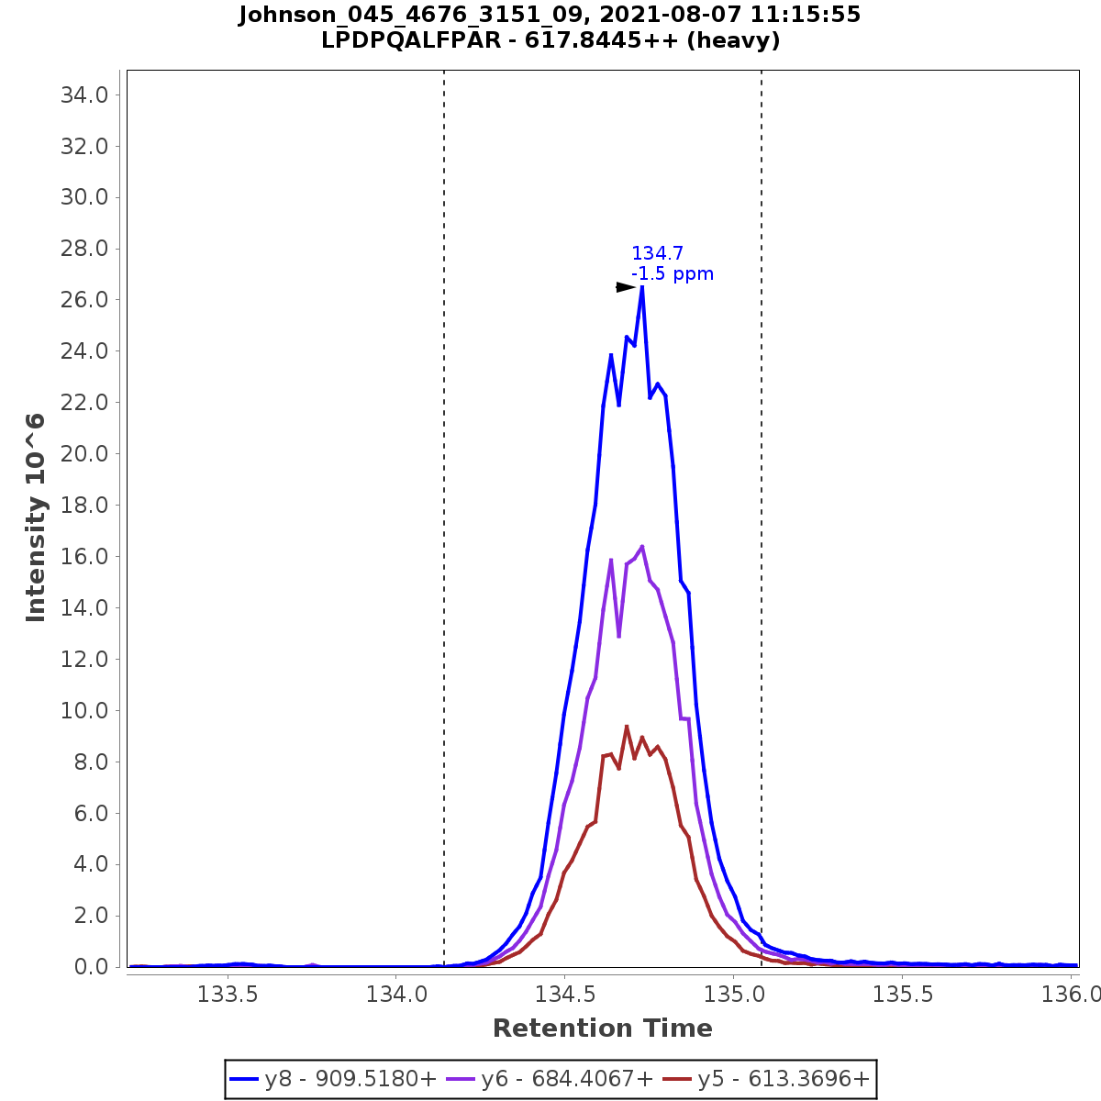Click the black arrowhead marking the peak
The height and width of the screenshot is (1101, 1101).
tap(626, 287)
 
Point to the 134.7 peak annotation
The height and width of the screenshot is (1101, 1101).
tap(657, 254)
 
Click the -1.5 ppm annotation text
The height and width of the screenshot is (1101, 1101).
tap(673, 274)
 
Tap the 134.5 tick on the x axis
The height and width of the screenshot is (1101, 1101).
tap(564, 994)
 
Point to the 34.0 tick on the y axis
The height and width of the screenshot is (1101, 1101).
tap(84, 95)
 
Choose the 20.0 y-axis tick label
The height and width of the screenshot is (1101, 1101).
tap(84, 454)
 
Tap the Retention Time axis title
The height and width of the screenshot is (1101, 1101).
tap(602, 1029)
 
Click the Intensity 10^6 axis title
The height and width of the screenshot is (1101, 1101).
tap(37, 517)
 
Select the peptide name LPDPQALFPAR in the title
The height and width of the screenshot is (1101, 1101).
tap(413, 40)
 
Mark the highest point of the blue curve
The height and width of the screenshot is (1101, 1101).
tap(641, 287)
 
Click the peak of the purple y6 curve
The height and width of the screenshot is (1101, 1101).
tap(641, 546)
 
